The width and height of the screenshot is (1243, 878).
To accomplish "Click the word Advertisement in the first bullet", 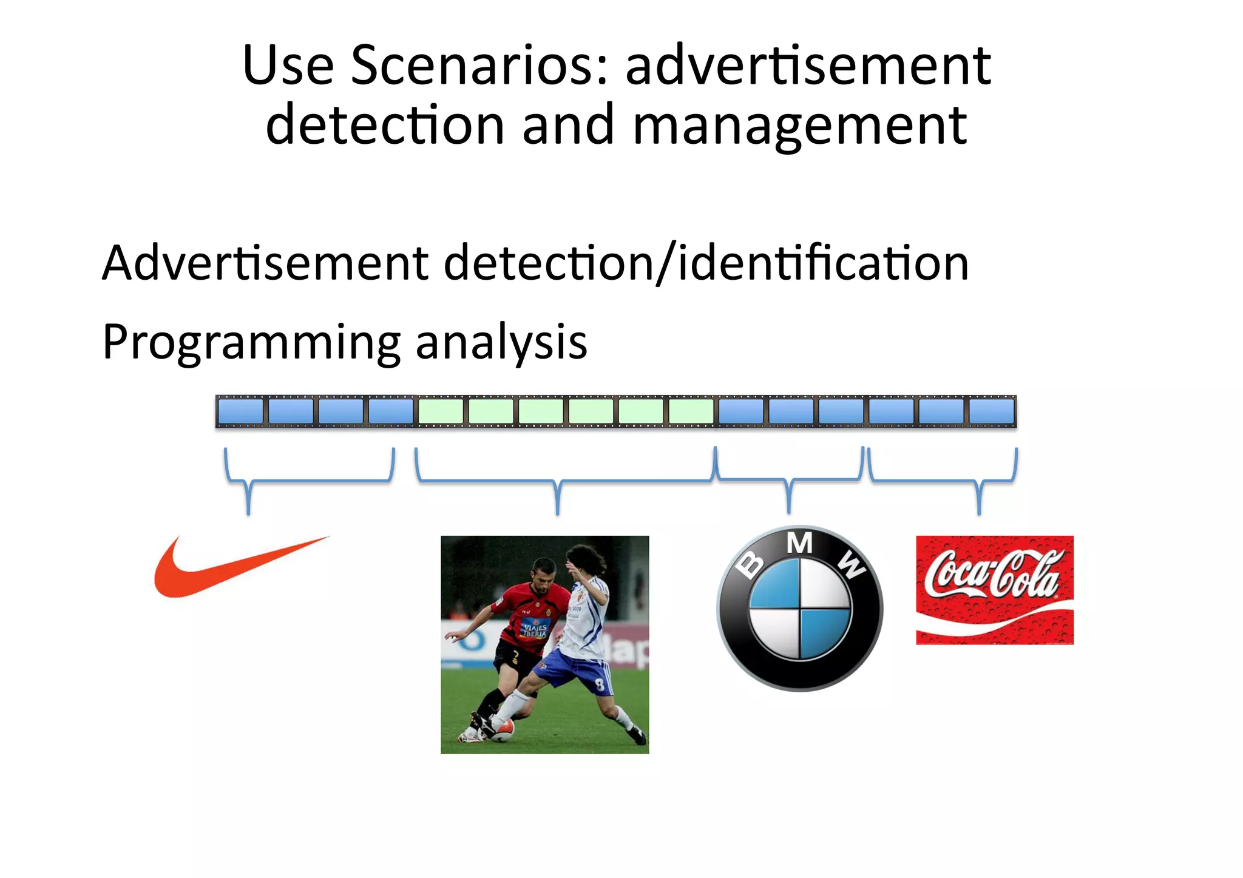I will [x=265, y=263].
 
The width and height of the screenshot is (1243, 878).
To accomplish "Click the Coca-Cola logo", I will [x=994, y=589].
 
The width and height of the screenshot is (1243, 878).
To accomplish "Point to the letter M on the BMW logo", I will [x=799, y=544].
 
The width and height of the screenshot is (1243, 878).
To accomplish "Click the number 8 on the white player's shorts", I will [x=600, y=686].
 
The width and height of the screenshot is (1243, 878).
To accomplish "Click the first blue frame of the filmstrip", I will [x=241, y=411].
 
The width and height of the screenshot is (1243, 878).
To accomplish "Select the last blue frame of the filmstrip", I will [x=991, y=411].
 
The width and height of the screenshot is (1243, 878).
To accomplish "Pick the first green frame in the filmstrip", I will [x=441, y=411].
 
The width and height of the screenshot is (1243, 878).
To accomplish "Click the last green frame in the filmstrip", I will [x=691, y=411].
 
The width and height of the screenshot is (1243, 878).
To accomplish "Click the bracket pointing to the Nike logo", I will [x=248, y=482].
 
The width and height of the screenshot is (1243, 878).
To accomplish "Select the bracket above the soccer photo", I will [x=558, y=483].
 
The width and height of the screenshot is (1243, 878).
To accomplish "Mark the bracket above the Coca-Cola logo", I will [x=978, y=482].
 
